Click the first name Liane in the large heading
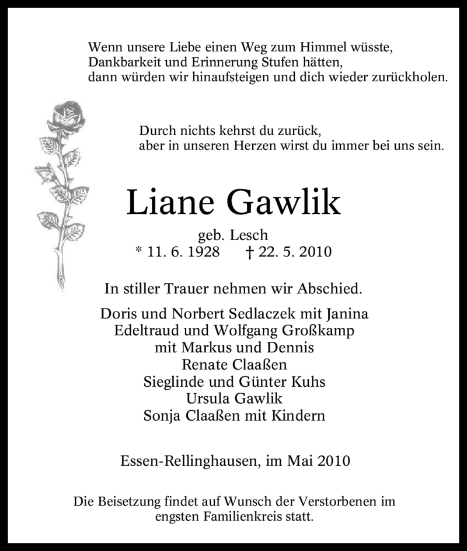pyautogui.click(x=169, y=202)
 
